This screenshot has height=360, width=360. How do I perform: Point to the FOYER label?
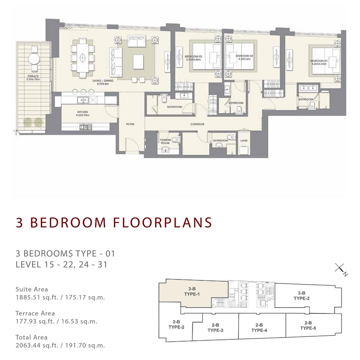[x=130, y=124]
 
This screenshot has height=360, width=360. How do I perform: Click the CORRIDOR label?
[x=197, y=124]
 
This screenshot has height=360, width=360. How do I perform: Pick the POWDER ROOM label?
[x=165, y=141]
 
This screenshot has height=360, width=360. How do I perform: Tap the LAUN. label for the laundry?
[x=243, y=140]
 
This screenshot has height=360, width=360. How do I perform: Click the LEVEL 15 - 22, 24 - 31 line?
[x=62, y=265]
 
